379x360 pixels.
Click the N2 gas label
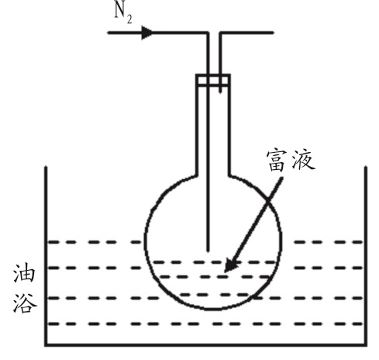pyautogui.click(x=123, y=14)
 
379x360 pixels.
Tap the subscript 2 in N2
pyautogui.click(x=129, y=19)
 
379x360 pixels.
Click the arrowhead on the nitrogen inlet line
pyautogui.click(x=147, y=33)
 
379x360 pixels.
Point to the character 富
pyautogui.click(x=277, y=161)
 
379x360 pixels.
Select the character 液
pyautogui.click(x=303, y=161)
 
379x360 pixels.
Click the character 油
pyautogui.click(x=24, y=273)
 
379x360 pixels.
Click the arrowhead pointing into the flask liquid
pyautogui.click(x=231, y=265)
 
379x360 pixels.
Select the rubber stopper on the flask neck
pyautogui.click(x=213, y=80)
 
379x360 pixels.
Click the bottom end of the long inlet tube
pyautogui.click(x=208, y=251)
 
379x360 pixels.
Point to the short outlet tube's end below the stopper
pyautogui.click(x=220, y=92)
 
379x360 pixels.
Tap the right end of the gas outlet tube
pyautogui.click(x=273, y=33)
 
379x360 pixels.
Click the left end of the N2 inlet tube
pyautogui.click(x=109, y=33)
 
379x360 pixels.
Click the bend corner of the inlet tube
pyautogui.click(x=208, y=33)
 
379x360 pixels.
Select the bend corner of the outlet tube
pyautogui.click(x=220, y=33)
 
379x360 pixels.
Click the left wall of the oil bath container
pyautogui.click(x=46, y=256)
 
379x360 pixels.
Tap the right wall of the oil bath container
pyautogui.click(x=366, y=256)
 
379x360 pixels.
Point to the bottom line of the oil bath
pyautogui.click(x=206, y=344)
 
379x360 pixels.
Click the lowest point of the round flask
pyautogui.click(x=213, y=309)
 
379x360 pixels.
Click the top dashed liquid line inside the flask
pyautogui.click(x=215, y=262)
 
